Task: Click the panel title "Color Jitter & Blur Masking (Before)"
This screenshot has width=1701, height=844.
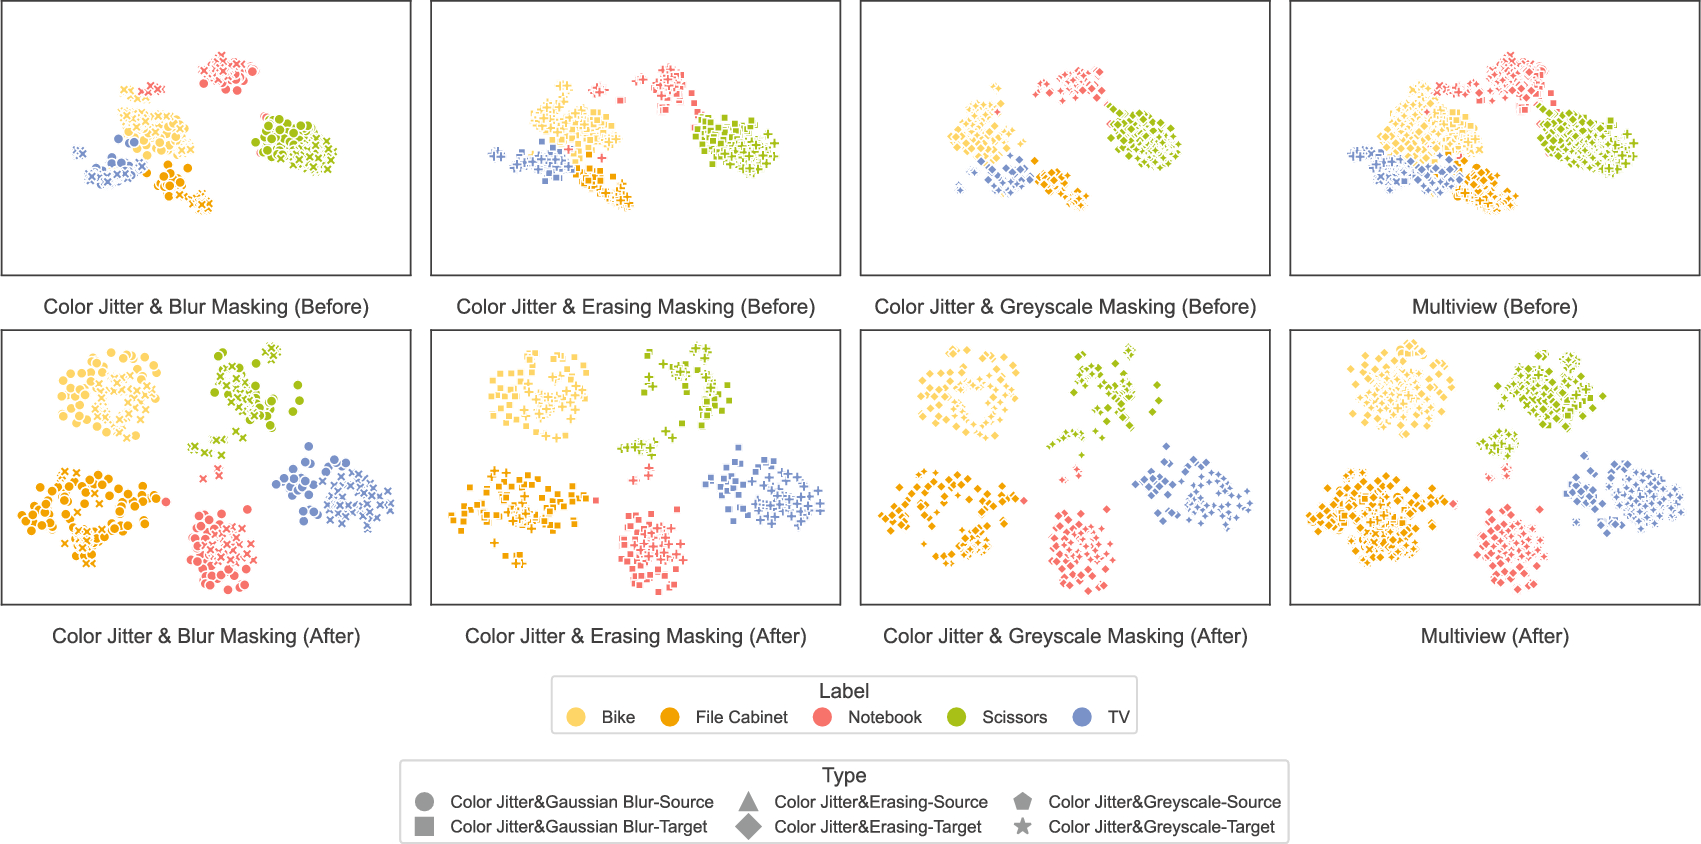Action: [x=206, y=307]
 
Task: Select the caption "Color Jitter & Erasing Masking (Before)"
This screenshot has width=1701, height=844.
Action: [x=635, y=307]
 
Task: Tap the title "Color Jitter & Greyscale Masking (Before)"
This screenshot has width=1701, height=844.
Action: [x=1065, y=307]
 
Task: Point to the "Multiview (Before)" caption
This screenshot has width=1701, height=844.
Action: [x=1494, y=307]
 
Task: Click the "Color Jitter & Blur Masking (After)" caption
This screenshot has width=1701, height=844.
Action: [x=206, y=636]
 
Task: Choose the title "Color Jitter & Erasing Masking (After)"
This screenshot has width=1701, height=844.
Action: [x=635, y=636]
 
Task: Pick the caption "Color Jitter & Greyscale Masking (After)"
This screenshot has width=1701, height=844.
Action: [x=1065, y=636]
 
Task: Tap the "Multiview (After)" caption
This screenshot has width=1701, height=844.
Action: [x=1494, y=636]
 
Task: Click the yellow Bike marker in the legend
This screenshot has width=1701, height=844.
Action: [x=576, y=717]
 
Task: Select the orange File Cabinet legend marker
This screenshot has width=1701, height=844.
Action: [x=670, y=717]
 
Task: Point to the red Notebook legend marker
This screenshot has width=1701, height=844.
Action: [x=823, y=717]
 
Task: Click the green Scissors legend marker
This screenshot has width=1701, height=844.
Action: [x=957, y=717]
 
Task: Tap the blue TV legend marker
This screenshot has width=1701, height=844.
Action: [x=1082, y=717]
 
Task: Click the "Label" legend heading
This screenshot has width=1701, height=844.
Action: [x=844, y=691]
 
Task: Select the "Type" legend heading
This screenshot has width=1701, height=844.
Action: [x=844, y=775]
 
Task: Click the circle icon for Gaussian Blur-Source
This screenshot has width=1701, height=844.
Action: [x=424, y=802]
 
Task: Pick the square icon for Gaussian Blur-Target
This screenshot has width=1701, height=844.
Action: [x=424, y=827]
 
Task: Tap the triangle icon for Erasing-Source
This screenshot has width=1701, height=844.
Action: [x=748, y=801]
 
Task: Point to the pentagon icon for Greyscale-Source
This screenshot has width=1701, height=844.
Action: [x=1022, y=801]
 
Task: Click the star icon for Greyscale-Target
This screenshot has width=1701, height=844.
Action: [x=1022, y=827]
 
